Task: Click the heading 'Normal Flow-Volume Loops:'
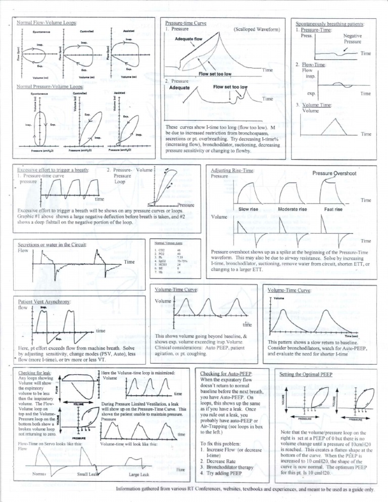tap(48, 23)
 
